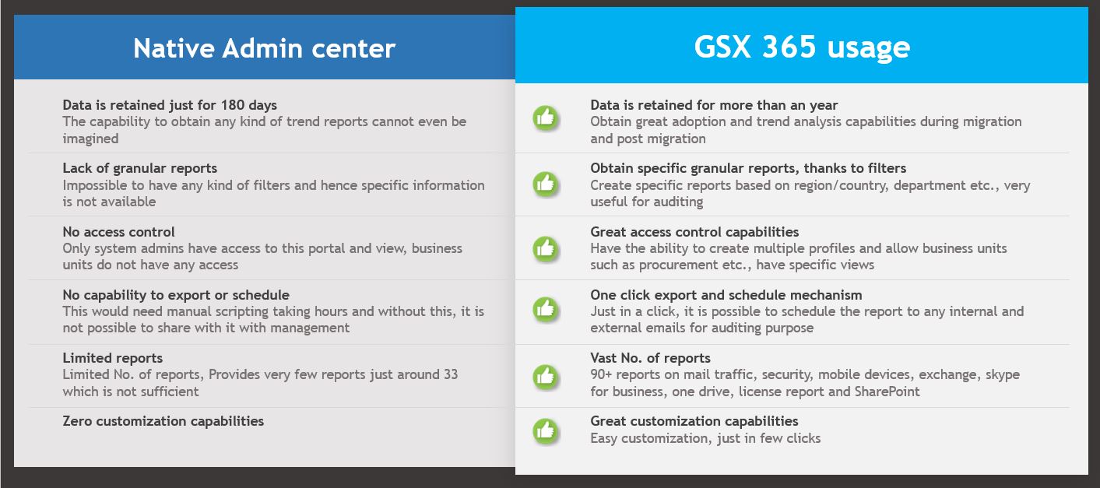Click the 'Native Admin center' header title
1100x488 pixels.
(x=264, y=48)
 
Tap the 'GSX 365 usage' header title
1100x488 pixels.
(x=802, y=47)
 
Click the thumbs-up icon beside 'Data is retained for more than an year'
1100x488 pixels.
(x=545, y=118)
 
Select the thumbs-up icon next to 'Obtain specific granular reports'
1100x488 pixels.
(x=545, y=184)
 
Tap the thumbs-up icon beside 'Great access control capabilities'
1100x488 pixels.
(x=545, y=248)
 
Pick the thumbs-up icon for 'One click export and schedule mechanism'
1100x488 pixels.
(x=545, y=309)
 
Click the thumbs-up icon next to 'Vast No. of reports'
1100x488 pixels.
(x=545, y=377)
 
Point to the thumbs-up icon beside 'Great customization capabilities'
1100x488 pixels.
(x=545, y=431)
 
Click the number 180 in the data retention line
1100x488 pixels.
(x=233, y=105)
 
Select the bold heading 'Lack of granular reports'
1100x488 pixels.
(x=140, y=168)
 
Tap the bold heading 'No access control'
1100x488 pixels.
(x=118, y=232)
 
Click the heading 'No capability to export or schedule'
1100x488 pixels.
(x=176, y=295)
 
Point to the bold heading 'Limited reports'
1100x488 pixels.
(x=112, y=358)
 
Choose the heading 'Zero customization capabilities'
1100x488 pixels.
(x=163, y=421)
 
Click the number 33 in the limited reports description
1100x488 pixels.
(x=451, y=374)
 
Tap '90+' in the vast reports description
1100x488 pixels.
(x=601, y=374)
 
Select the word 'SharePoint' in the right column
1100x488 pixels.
(x=887, y=391)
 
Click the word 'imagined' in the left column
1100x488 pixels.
(x=90, y=139)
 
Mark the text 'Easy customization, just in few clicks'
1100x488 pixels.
(x=705, y=438)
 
